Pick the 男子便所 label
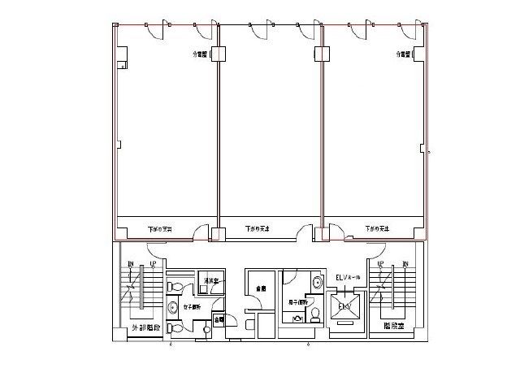297,303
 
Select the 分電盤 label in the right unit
405,55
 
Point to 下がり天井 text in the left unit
160,229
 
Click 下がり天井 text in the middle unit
257,229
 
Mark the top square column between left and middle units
218,54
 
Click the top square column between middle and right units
322,54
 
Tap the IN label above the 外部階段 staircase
131,264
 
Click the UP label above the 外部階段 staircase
152,264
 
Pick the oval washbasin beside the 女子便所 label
173,306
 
